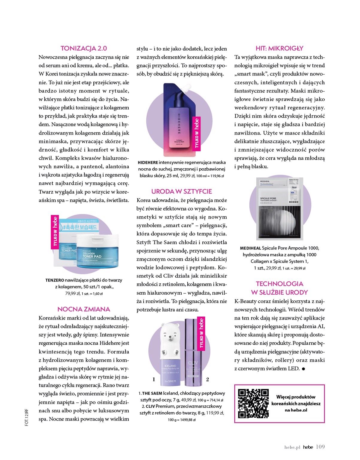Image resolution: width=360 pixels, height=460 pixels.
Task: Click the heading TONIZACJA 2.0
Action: tap(84, 48)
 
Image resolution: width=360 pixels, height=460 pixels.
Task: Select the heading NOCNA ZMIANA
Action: tap(84, 309)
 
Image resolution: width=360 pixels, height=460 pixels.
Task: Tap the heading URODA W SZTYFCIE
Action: tap(181, 191)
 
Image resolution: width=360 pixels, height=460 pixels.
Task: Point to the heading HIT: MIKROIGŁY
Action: tap(280, 48)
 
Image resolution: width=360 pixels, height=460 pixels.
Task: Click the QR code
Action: tap(253, 403)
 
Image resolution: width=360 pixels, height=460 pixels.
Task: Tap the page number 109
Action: tap(320, 447)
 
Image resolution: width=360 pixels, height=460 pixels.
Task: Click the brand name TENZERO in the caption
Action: tap(55, 280)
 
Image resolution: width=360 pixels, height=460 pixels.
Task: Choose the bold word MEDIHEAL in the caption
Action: tap(250, 248)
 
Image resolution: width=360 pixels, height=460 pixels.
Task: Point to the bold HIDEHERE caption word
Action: tap(148, 162)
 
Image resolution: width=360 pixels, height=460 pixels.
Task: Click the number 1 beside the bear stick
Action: tap(154, 379)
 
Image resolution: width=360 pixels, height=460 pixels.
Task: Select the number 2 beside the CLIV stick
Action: tap(207, 379)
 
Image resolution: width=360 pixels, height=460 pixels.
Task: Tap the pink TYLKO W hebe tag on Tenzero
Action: tap(55, 232)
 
